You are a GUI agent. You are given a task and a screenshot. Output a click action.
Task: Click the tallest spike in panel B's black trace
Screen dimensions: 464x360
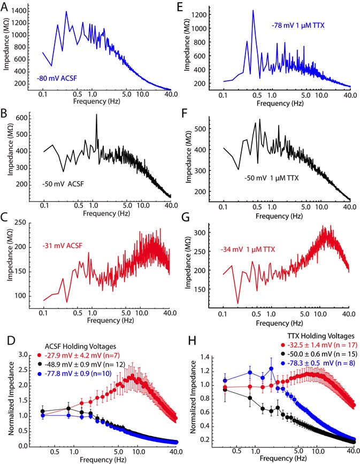pos(96,114)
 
